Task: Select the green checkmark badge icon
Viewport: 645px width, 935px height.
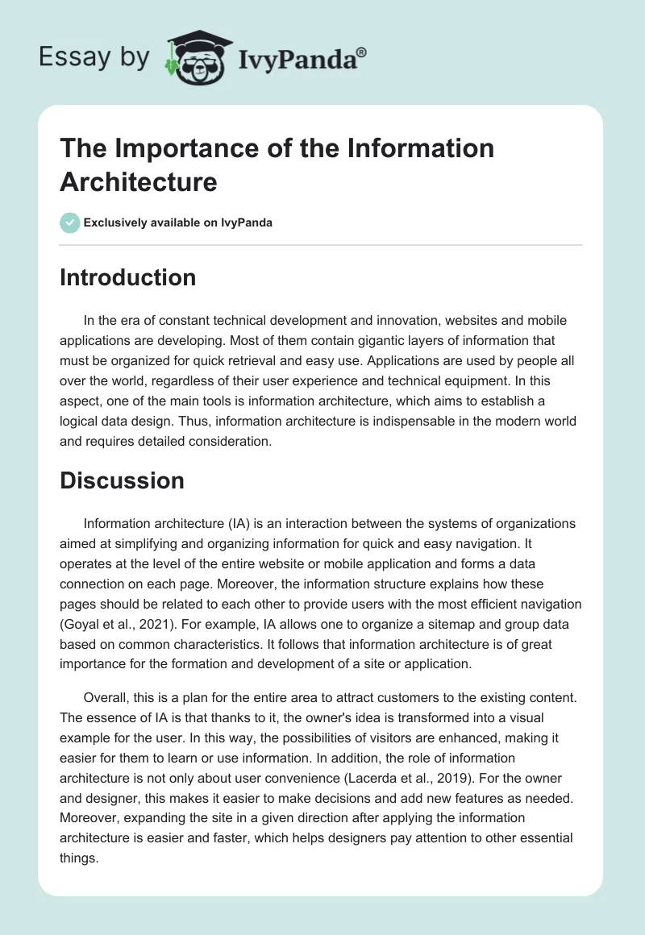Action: pyautogui.click(x=70, y=222)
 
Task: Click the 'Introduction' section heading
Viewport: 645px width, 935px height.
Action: pyautogui.click(x=127, y=277)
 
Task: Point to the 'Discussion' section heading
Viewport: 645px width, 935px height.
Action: pyautogui.click(x=122, y=480)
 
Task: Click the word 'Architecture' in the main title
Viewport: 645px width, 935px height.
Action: pyautogui.click(x=138, y=181)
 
